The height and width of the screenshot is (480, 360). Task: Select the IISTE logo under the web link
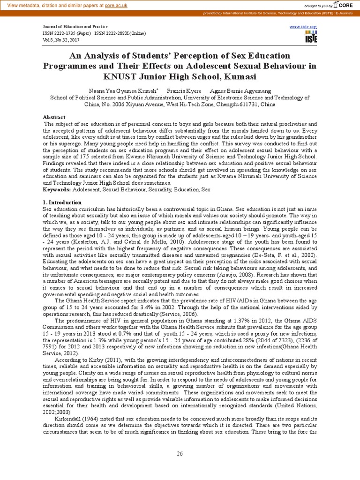(x=310, y=37)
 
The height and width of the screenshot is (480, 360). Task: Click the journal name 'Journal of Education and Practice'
(x=75, y=27)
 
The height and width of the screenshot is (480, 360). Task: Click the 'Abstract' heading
(x=54, y=117)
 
